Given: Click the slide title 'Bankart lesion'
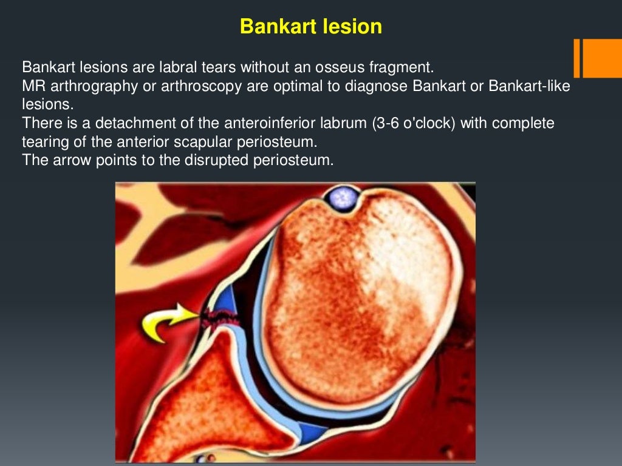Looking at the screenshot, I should (310, 27).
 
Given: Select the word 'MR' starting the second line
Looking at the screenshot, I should (31, 85).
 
